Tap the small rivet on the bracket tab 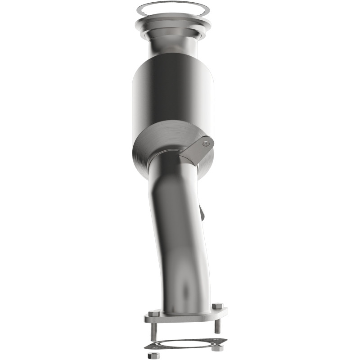click(206, 144)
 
